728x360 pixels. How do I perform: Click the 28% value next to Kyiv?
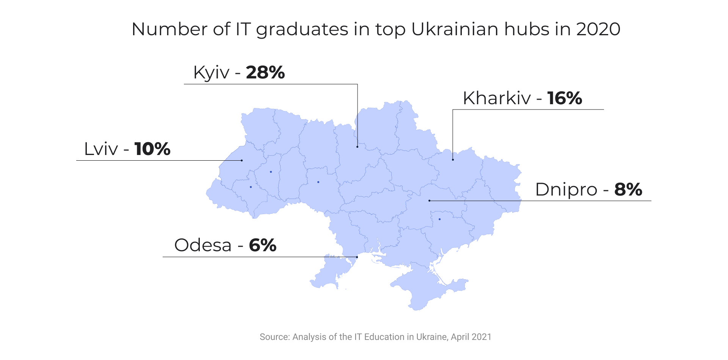(265, 72)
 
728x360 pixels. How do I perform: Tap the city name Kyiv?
(211, 72)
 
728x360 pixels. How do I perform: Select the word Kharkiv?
(497, 98)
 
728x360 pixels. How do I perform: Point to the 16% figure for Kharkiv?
(564, 98)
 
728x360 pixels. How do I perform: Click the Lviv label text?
(101, 149)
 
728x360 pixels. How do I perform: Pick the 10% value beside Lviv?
(152, 149)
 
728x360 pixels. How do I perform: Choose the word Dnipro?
(566, 189)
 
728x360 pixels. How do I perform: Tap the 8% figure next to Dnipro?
(628, 189)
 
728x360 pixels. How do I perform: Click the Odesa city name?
(203, 245)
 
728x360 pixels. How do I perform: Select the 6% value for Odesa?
(262, 245)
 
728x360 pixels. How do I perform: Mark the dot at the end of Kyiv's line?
(357, 147)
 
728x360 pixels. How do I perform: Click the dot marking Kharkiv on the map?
(453, 160)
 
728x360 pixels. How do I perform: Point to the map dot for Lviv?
(242, 160)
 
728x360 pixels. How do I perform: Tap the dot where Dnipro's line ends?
(429, 200)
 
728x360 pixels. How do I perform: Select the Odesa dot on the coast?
(357, 257)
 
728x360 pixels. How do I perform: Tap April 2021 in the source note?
(471, 337)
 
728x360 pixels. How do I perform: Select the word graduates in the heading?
(302, 29)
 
